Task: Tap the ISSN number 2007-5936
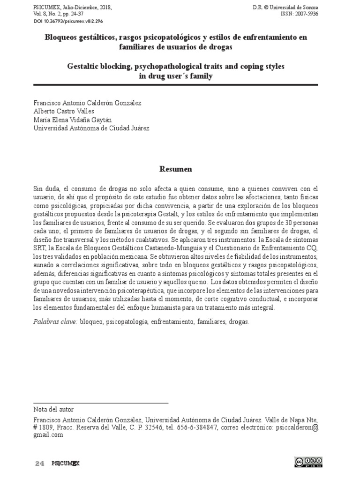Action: [x=305, y=15]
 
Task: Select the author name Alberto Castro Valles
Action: [x=64, y=111]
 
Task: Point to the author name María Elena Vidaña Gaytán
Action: [x=73, y=120]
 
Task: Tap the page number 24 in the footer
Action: [x=39, y=464]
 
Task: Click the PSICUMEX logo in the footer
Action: [x=66, y=464]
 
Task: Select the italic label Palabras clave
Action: [x=56, y=322]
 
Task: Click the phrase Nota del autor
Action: [x=53, y=409]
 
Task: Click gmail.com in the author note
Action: [x=48, y=435]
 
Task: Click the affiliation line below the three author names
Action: [x=92, y=128]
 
